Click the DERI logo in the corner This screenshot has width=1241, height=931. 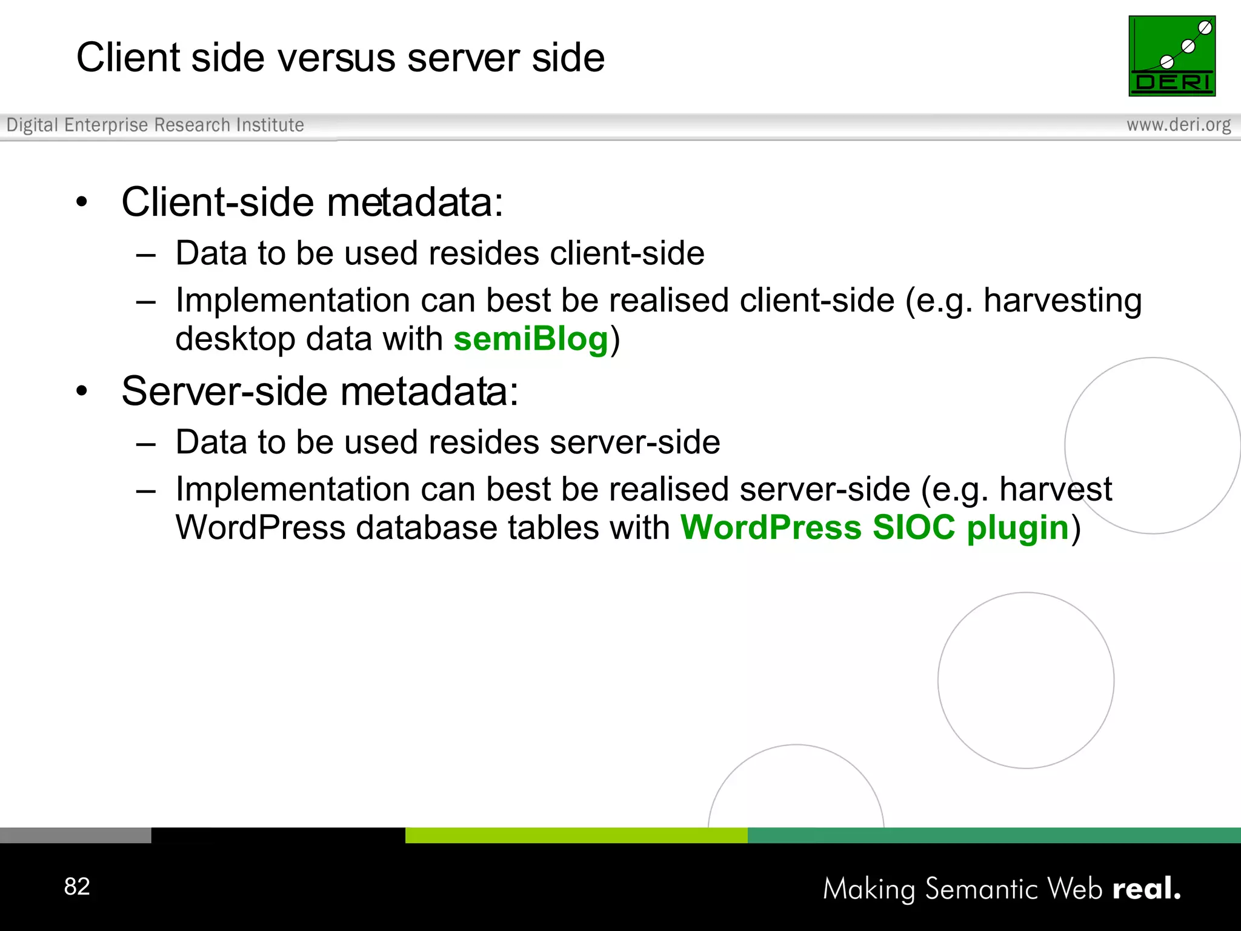tap(1171, 56)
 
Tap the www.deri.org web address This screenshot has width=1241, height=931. tap(1178, 125)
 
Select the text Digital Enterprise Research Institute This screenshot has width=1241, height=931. tap(155, 125)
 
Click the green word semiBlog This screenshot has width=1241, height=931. tap(531, 339)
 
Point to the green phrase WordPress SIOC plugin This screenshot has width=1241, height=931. tap(874, 527)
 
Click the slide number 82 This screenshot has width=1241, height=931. tap(77, 886)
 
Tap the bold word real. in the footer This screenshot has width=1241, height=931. tap(1146, 889)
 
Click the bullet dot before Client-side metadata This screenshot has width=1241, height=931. tap(82, 202)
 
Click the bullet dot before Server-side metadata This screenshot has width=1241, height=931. tap(82, 392)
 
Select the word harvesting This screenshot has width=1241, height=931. tap(1062, 301)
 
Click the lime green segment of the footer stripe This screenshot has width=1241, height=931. tap(576, 835)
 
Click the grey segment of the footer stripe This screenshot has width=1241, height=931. tap(75, 835)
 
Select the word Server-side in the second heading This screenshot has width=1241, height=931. tap(224, 392)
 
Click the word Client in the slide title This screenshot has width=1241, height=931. tap(128, 58)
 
